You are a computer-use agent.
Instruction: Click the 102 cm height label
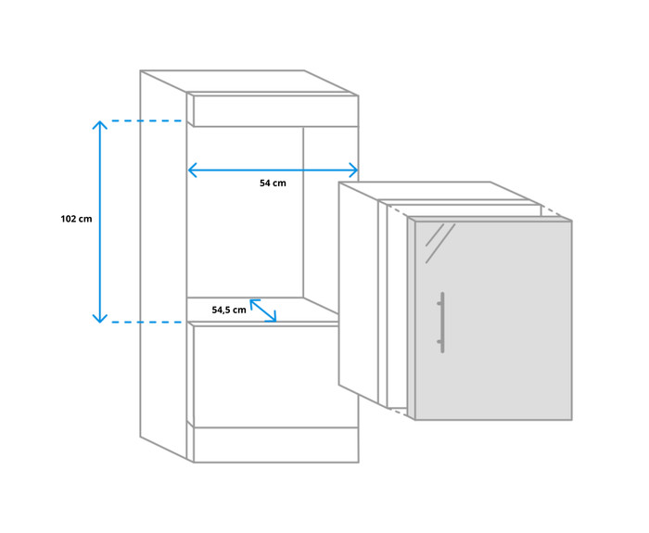(76, 219)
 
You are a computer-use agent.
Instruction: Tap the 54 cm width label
(273, 183)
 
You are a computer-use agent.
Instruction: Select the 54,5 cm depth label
(229, 310)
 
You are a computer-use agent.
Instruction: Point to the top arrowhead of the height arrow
(100, 124)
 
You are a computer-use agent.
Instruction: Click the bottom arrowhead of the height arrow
(100, 318)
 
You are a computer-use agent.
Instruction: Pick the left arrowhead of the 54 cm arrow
(192, 170)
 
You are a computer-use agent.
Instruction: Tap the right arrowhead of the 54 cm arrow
(353, 170)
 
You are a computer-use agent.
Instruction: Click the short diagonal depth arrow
(262, 311)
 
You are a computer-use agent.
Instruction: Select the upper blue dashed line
(146, 121)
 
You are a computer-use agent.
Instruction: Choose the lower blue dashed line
(146, 322)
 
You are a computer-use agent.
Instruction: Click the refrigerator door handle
(441, 323)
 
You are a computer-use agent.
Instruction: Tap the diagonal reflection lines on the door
(440, 243)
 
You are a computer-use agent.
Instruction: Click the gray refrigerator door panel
(493, 321)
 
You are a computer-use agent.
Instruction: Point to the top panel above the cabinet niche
(275, 111)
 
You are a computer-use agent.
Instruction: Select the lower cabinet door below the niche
(275, 376)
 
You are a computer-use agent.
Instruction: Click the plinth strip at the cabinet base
(275, 445)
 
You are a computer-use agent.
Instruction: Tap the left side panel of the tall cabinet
(163, 265)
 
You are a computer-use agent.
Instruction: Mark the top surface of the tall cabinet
(248, 82)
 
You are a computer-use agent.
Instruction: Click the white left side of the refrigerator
(359, 292)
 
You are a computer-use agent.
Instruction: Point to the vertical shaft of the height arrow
(100, 222)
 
